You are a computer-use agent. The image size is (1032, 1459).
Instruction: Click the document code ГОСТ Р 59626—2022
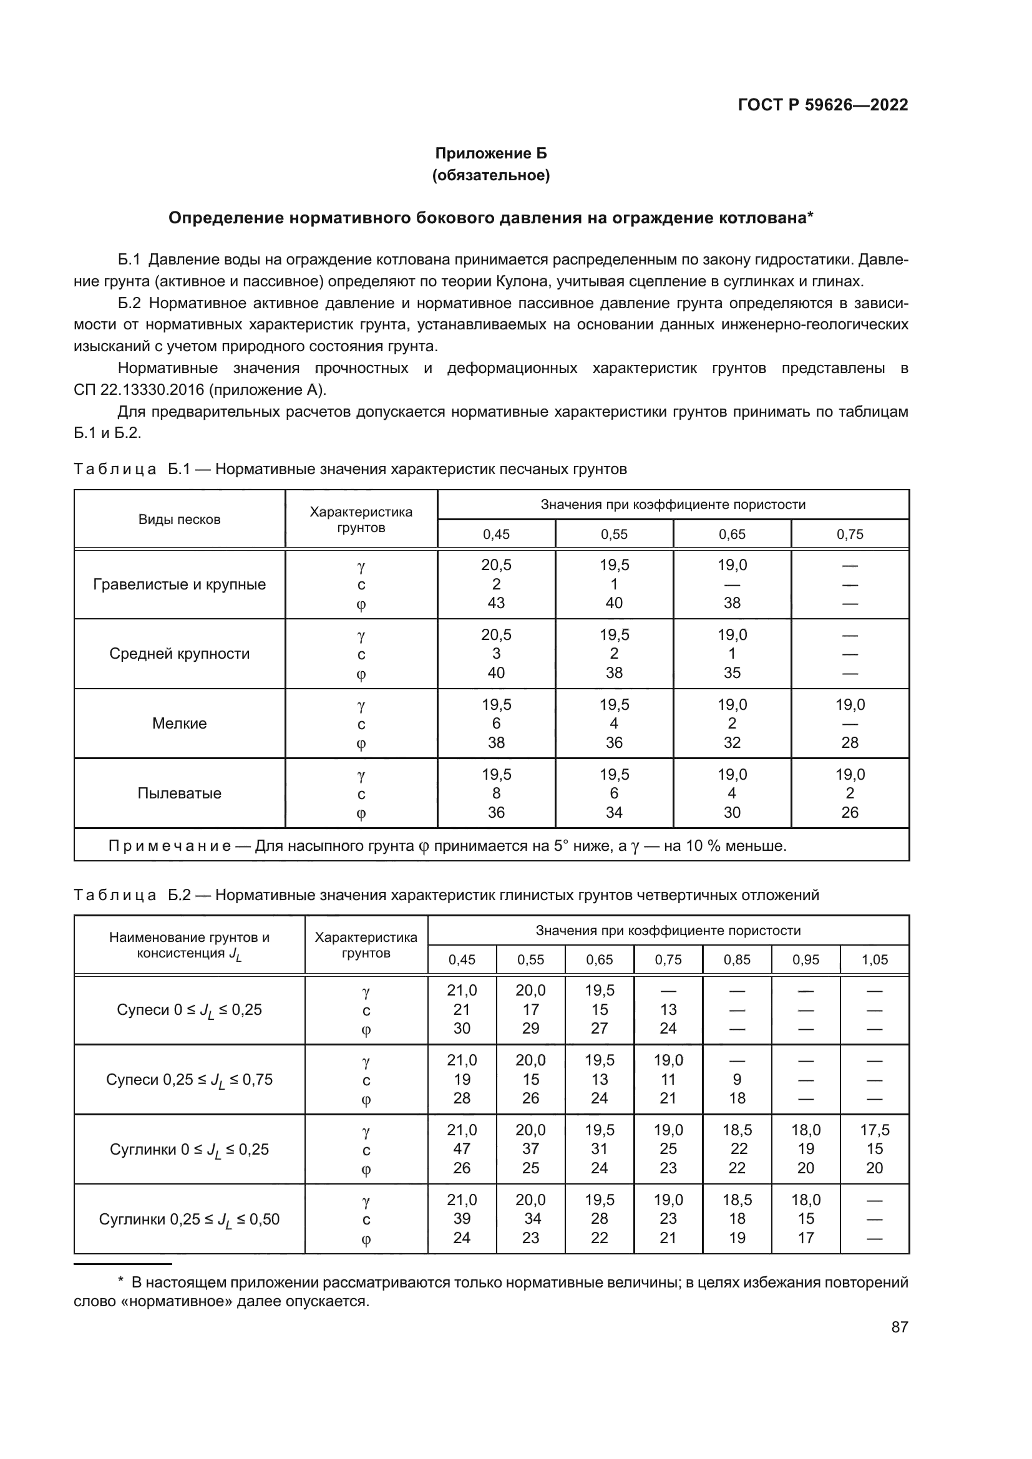pos(822,105)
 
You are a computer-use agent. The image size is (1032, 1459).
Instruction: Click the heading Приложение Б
pos(490,153)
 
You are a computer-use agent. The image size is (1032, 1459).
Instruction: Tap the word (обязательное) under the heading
pos(490,175)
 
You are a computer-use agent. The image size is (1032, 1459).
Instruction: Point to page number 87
pos(899,1327)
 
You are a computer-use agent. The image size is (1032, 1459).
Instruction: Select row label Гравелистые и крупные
pos(179,584)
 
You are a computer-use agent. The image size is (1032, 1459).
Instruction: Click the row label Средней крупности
pos(179,653)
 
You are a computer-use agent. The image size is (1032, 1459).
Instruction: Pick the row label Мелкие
pos(179,723)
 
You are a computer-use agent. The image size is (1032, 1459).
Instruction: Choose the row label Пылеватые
pos(179,793)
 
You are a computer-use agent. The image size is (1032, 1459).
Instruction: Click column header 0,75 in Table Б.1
pos(850,535)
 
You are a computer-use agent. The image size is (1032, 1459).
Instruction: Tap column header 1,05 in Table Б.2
pos(874,960)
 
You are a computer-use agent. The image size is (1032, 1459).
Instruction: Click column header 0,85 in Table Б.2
pos(736,960)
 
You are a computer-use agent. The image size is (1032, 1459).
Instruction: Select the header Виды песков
pos(179,519)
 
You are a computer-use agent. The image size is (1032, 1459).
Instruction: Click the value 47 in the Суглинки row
pos(461,1149)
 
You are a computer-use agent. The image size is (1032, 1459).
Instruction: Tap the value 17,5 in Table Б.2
pos(874,1130)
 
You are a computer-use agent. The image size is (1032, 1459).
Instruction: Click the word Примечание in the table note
pos(170,846)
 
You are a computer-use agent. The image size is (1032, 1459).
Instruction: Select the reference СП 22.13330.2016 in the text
pos(139,389)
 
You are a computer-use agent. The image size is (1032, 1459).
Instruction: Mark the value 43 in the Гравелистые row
pos(495,603)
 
